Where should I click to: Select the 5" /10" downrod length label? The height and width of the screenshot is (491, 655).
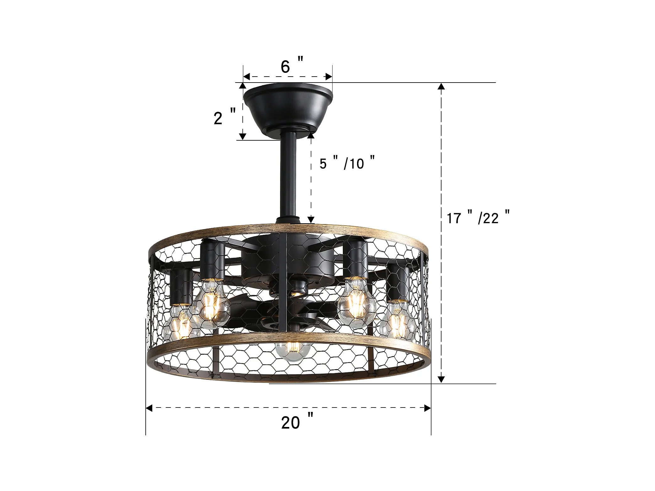tap(347, 163)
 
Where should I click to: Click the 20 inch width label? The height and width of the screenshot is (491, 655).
tap(297, 421)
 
